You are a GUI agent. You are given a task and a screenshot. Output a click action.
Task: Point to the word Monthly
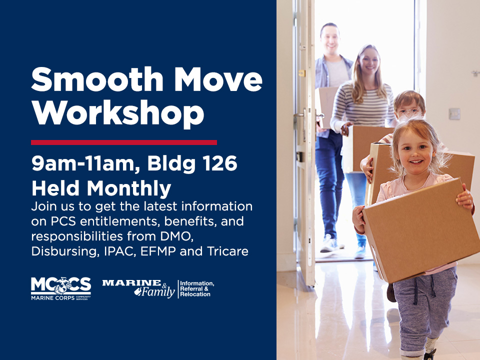(x=129, y=188)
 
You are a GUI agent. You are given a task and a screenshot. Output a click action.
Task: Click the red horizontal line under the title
(x=124, y=142)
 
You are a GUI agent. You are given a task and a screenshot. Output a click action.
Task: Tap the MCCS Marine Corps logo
(x=61, y=288)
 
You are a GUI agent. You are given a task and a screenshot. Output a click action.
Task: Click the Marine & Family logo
(x=138, y=288)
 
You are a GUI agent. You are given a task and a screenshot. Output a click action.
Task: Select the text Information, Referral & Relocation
(x=197, y=288)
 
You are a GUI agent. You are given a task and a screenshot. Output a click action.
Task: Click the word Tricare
(x=228, y=251)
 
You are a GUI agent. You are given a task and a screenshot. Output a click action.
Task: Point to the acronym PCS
(x=63, y=221)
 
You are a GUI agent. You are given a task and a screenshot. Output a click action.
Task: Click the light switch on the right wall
(x=454, y=114)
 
